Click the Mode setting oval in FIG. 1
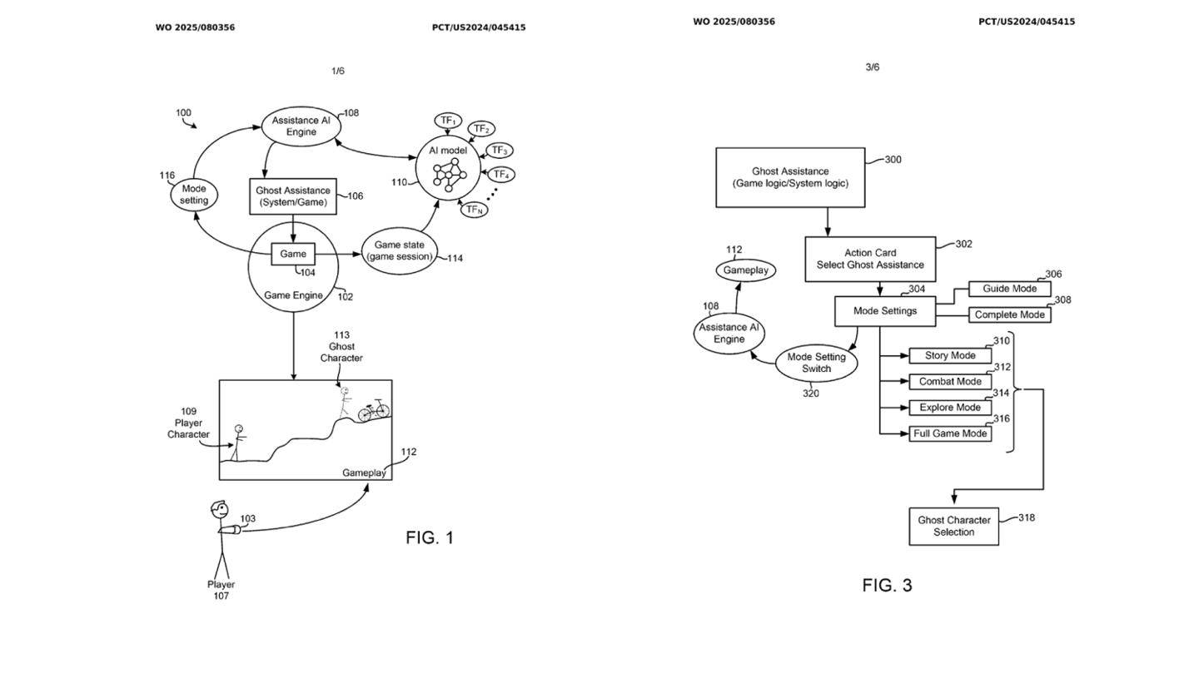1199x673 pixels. click(x=194, y=195)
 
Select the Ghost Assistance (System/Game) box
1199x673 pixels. click(x=293, y=196)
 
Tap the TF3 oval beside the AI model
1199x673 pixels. click(x=499, y=151)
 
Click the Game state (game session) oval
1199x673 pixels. click(x=400, y=250)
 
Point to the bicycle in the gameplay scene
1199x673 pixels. click(x=374, y=410)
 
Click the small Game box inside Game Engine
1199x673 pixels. click(x=293, y=254)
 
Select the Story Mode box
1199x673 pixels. click(x=950, y=355)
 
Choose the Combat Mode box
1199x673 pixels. click(x=950, y=382)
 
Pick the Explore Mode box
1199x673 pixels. click(x=950, y=408)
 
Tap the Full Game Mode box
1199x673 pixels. click(x=950, y=433)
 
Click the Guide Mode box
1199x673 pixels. click(x=1009, y=289)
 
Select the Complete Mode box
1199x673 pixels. click(x=1009, y=315)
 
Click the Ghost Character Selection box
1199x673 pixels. click(x=953, y=526)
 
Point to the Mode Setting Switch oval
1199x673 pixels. click(x=816, y=363)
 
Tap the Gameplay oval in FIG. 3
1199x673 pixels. click(x=745, y=270)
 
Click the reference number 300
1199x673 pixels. click(x=893, y=160)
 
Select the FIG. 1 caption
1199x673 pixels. click(x=430, y=537)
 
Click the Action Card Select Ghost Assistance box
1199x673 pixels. click(x=870, y=259)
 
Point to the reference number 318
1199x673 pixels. click(x=1027, y=517)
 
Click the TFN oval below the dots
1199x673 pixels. click(x=474, y=210)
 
